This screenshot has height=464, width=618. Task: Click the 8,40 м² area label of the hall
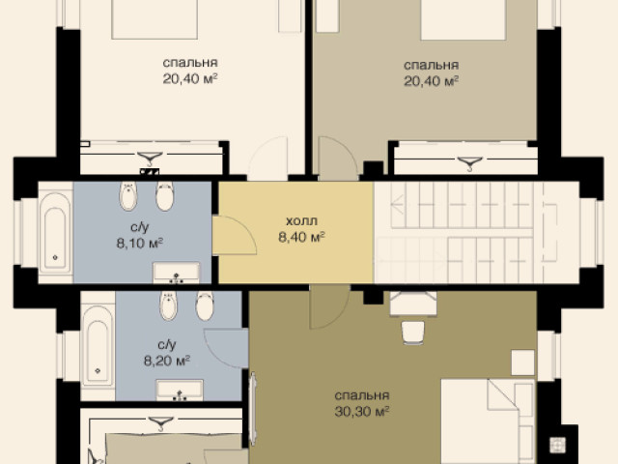coord(301,237)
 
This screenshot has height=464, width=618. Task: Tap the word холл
coord(301,221)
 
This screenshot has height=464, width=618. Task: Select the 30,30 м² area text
coord(362,412)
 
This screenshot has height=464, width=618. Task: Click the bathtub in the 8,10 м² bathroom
coord(55,233)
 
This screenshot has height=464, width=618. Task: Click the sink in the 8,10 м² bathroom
coord(176,273)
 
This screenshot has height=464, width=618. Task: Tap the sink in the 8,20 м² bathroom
coord(180,390)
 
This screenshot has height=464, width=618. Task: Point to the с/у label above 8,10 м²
coord(140,227)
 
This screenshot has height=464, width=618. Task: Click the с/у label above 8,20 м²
coord(167,345)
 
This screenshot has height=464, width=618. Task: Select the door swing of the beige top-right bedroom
coord(338,158)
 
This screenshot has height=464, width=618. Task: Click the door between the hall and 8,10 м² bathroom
coord(234,235)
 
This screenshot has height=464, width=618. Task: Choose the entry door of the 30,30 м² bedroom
coord(330,306)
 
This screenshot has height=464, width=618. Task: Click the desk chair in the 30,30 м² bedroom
coord(413,333)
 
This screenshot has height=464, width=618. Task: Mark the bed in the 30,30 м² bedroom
coord(488,421)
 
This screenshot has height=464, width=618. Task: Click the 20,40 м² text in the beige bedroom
coord(432,81)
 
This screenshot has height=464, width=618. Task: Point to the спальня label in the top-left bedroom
coord(190,63)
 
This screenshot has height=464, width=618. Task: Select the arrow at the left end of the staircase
coord(398,204)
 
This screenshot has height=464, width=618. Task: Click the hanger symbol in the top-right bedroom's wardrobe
coord(470,163)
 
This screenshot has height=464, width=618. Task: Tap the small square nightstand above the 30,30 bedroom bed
coord(523,362)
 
